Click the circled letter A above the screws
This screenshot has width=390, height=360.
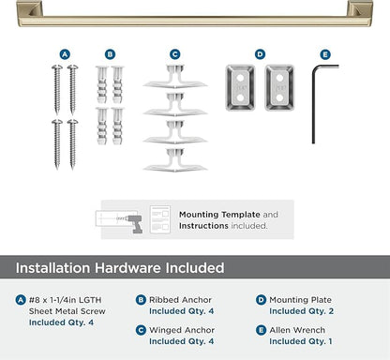(x=65, y=54)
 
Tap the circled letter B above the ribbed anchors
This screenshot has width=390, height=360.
(x=110, y=54)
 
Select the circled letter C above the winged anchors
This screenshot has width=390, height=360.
(x=174, y=54)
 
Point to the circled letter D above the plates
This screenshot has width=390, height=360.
(x=260, y=54)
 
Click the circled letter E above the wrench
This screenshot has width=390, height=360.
(x=324, y=54)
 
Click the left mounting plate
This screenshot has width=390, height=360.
(x=240, y=87)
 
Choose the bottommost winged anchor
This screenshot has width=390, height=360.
(x=174, y=156)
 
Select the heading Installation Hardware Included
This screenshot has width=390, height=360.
(x=119, y=268)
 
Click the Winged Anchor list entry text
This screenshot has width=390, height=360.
(x=182, y=330)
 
